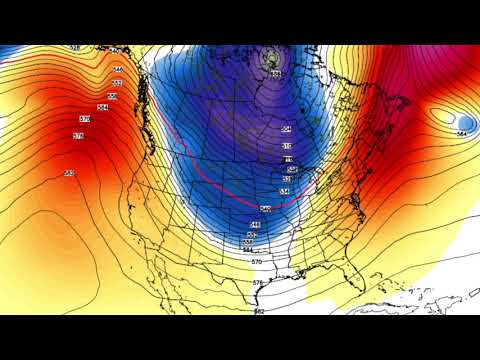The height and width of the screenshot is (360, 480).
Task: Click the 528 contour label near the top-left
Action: pos(75,48)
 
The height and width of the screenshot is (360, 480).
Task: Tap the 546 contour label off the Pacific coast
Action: pos(117,69)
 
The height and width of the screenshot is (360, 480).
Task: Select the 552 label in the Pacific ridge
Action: pos(117,82)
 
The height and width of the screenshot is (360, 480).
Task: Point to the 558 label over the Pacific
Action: pos(111,95)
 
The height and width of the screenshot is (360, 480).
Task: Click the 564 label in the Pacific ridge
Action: pos(102,107)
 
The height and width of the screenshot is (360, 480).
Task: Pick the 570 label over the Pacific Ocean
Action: pos(84,119)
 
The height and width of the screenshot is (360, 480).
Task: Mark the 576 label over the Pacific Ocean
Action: pos(79,135)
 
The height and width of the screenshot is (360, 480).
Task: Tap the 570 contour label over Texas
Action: pos(257,261)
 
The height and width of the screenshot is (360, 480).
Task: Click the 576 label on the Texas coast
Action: pos(257,283)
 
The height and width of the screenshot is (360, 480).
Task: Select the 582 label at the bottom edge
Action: pos(259,312)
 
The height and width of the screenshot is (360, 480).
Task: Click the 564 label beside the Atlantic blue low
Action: pos(462,133)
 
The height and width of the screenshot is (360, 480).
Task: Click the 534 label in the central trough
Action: pos(285,190)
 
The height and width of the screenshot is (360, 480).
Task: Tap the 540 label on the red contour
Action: pos(265,208)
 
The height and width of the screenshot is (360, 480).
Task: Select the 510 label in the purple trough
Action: pos(287,146)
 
